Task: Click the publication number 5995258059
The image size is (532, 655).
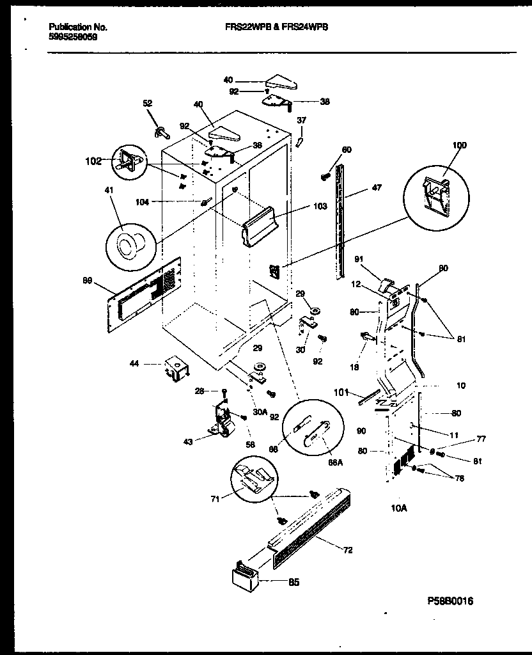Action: point(74,37)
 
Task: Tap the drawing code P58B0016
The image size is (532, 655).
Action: point(450,601)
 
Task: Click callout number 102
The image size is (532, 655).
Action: point(93,162)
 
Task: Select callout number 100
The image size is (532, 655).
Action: point(459,145)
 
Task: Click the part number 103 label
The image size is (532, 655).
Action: point(320,207)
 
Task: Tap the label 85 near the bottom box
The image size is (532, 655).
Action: point(293,582)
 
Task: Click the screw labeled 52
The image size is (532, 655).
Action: point(159,132)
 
